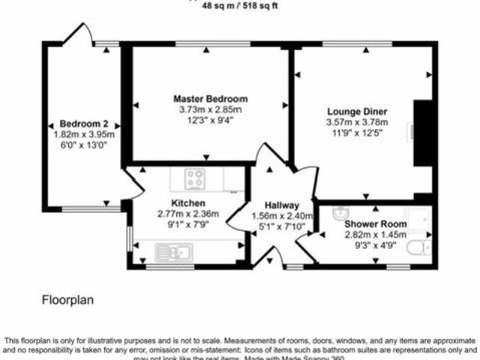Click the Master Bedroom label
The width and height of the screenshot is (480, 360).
point(210,99)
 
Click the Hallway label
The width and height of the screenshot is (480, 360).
point(283,206)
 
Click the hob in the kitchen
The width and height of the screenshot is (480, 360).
point(196,178)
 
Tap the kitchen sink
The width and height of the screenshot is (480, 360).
point(174,252)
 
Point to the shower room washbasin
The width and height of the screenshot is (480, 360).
point(340,213)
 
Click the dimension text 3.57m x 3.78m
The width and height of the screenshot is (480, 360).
point(357,122)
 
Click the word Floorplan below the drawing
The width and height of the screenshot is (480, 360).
point(67,300)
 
